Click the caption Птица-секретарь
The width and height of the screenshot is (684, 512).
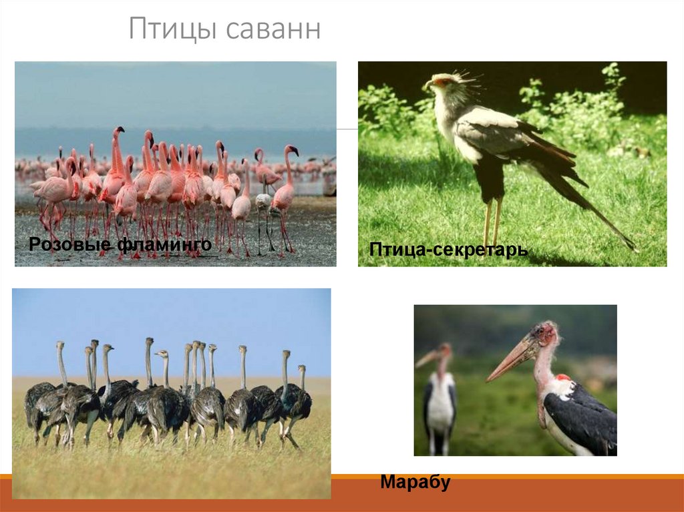coord(448,250)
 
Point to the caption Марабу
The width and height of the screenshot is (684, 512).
coord(415,482)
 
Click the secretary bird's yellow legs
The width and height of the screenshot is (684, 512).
coord(492,220)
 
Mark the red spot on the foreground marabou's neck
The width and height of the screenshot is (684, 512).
coord(562,378)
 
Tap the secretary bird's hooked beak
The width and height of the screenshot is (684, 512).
coord(427,85)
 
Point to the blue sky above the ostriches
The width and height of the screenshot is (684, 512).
coord(167,320)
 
